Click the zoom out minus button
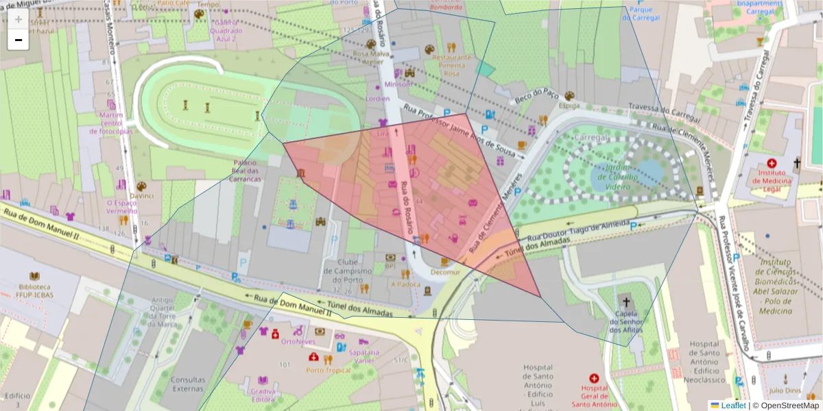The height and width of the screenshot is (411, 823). point(18,40)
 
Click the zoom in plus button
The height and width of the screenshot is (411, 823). point(18,19)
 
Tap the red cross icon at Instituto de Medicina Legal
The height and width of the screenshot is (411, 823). point(772,164)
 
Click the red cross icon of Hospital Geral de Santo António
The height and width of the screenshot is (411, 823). point(594,377)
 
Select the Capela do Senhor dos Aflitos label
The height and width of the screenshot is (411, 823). point(624,321)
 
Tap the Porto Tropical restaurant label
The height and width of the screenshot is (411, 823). point(328,371)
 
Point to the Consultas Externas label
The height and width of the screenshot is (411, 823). point(187,384)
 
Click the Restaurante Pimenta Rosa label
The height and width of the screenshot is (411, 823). point(451,66)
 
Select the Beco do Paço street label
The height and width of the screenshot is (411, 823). point(537,97)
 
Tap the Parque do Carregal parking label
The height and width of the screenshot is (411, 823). point(641,14)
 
